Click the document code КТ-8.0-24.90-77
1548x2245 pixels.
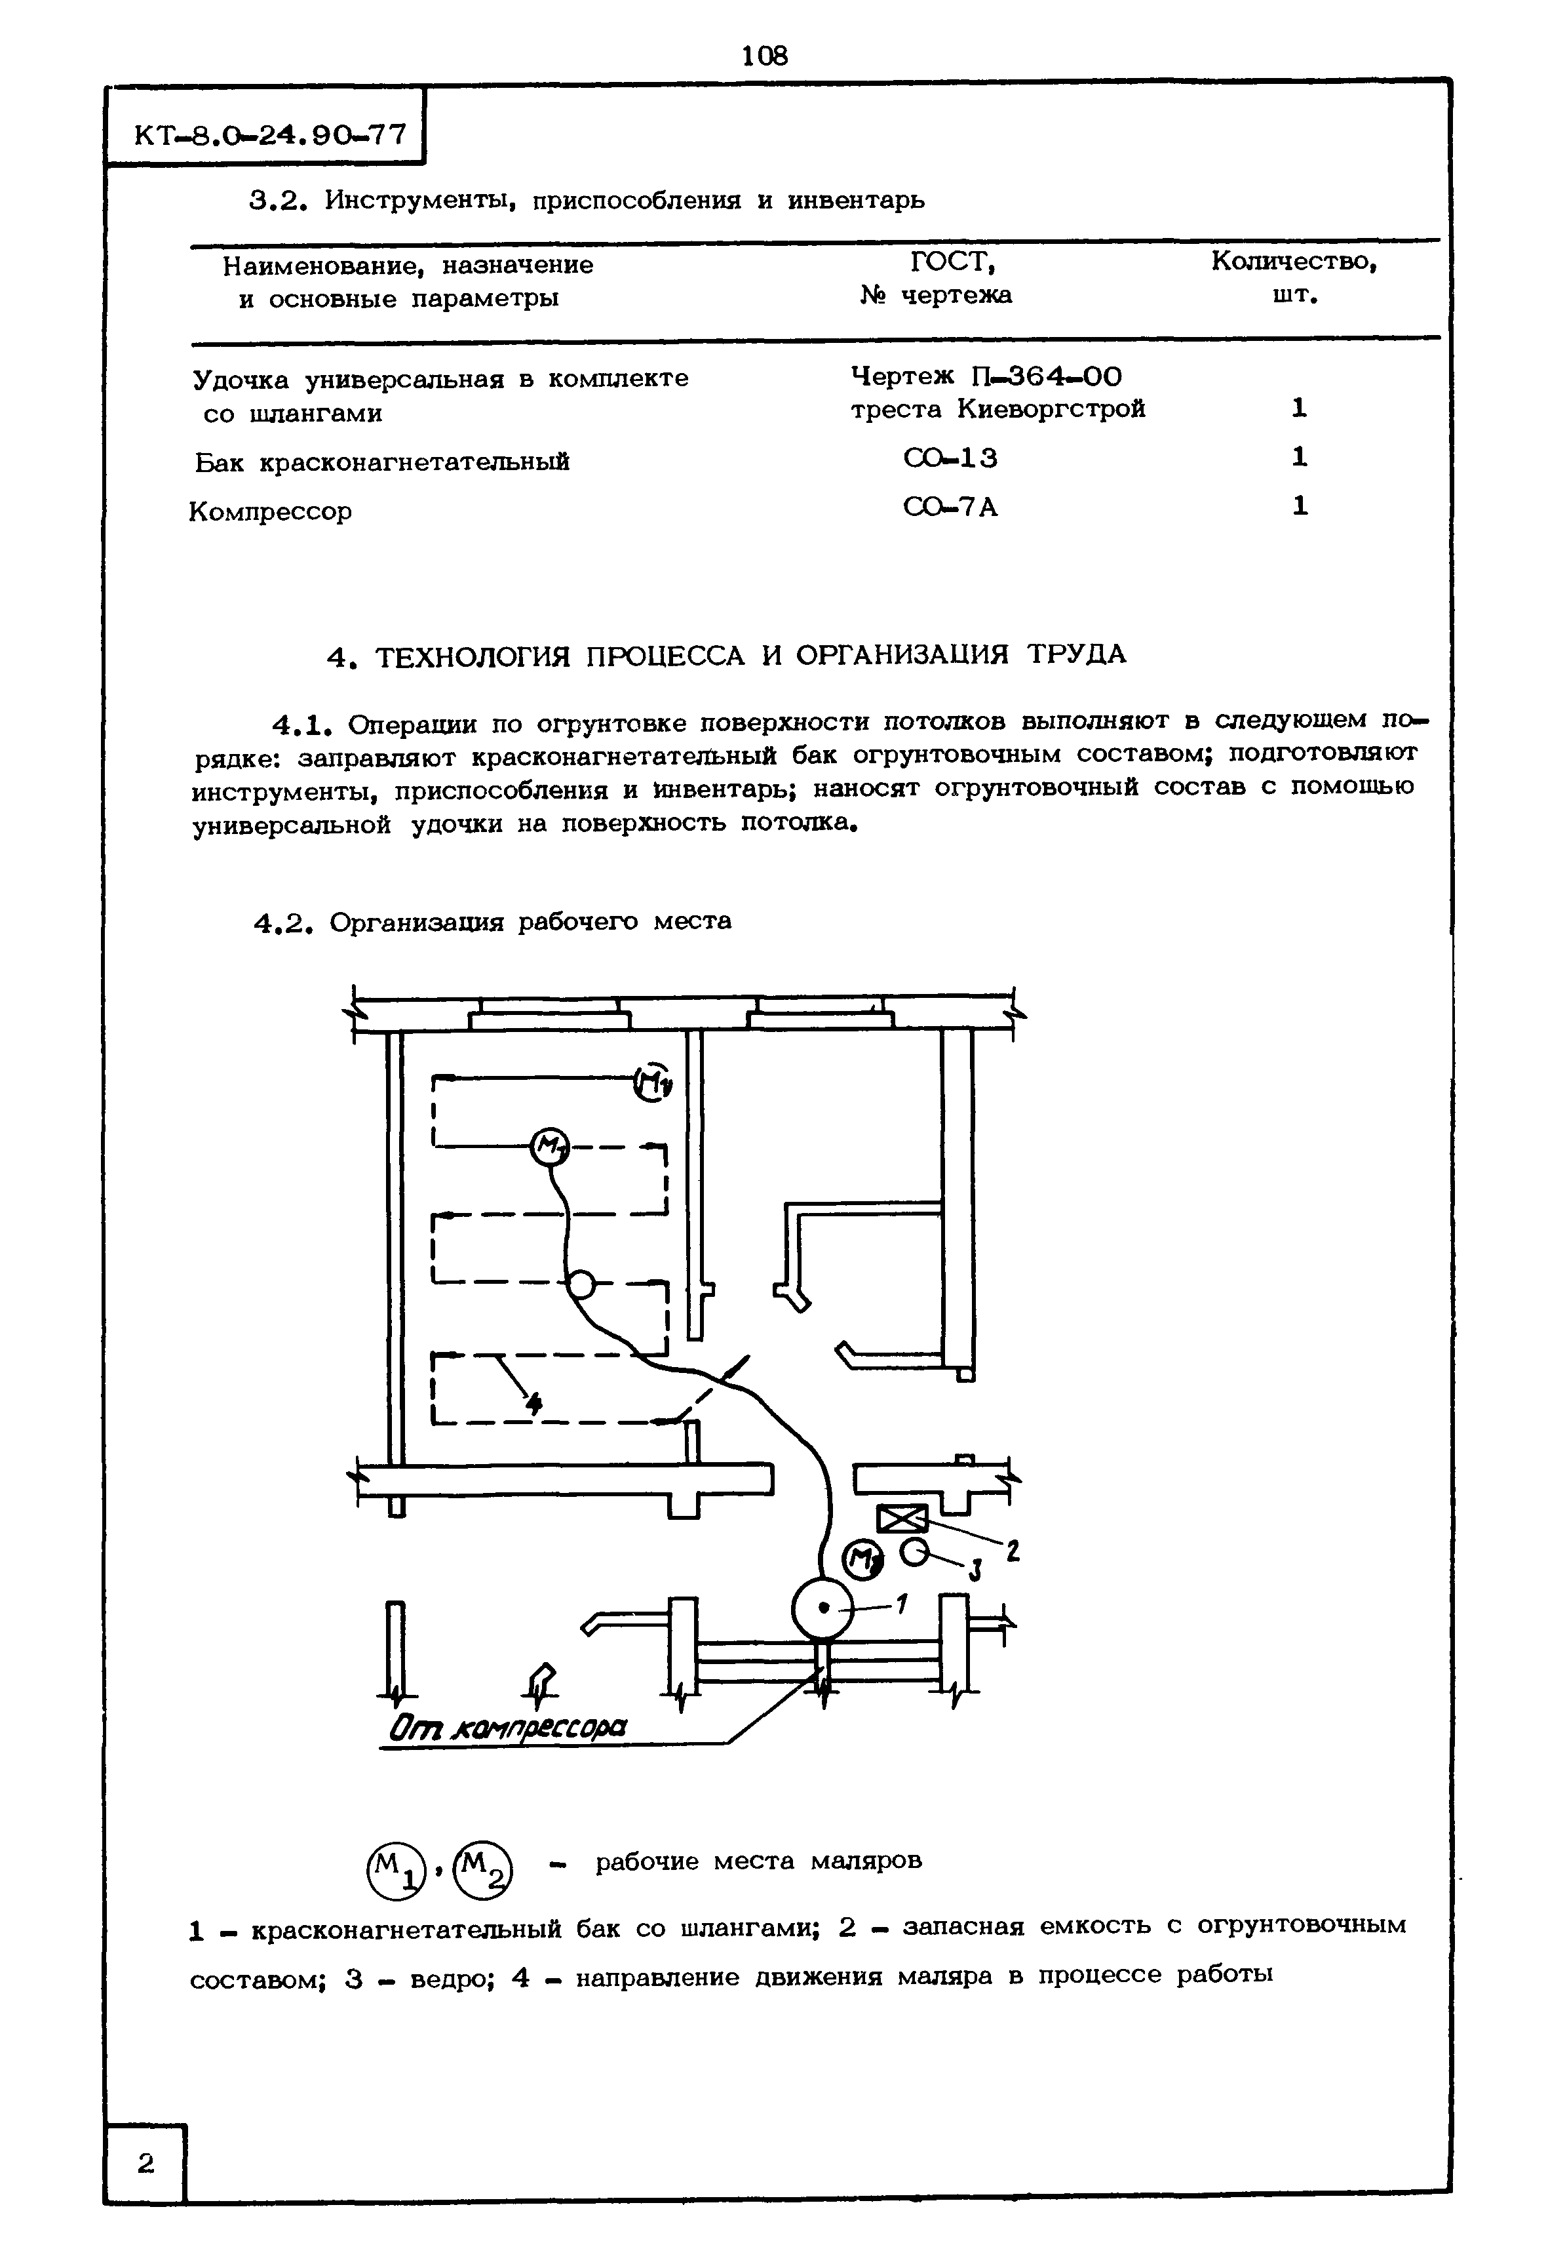[269, 135]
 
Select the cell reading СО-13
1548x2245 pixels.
[950, 458]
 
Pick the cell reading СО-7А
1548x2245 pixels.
[950, 507]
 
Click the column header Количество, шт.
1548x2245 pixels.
[1294, 277]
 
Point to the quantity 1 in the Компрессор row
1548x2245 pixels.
[1300, 506]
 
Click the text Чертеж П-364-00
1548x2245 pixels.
[986, 376]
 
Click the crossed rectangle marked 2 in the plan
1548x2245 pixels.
[902, 1519]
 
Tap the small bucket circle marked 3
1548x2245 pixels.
[915, 1553]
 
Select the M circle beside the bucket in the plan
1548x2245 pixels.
[862, 1559]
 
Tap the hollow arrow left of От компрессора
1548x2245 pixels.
[544, 1681]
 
